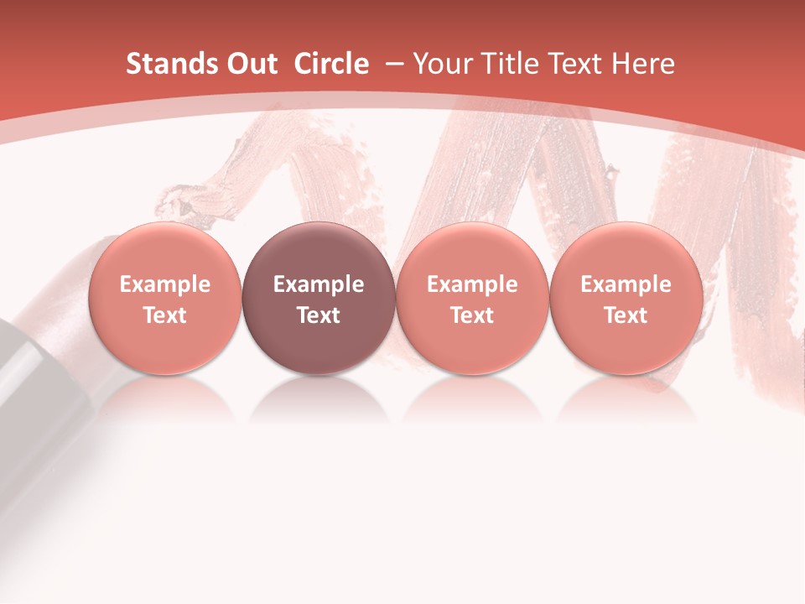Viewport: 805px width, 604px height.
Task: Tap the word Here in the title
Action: pos(643,64)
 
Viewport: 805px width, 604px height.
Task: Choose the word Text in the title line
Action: pos(575,64)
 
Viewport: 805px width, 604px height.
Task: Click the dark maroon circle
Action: pos(319,298)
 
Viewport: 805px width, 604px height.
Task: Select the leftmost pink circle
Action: pos(164,298)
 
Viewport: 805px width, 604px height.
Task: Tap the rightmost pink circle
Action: pos(626,298)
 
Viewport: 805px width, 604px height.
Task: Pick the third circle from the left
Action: pos(472,298)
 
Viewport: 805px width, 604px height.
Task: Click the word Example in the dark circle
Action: pos(319,284)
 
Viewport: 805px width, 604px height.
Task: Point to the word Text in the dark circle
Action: pos(319,315)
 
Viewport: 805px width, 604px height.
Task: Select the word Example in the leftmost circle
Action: pos(164,284)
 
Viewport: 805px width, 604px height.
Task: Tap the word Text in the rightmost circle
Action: pos(626,315)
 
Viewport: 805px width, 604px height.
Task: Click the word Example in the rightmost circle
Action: pos(626,284)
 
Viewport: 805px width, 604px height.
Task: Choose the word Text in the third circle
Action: pos(472,315)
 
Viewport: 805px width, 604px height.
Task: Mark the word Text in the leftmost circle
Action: pos(164,315)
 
